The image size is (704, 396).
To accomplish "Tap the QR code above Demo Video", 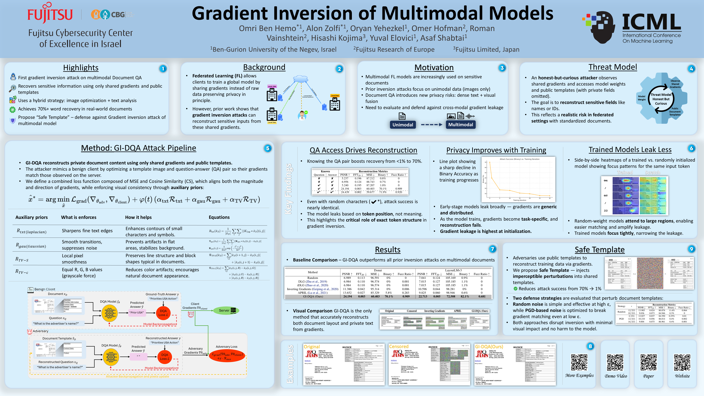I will [615, 362].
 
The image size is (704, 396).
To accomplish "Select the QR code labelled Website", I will [682, 362].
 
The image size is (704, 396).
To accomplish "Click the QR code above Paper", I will [649, 362].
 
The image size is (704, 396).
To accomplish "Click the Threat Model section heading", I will [612, 67].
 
